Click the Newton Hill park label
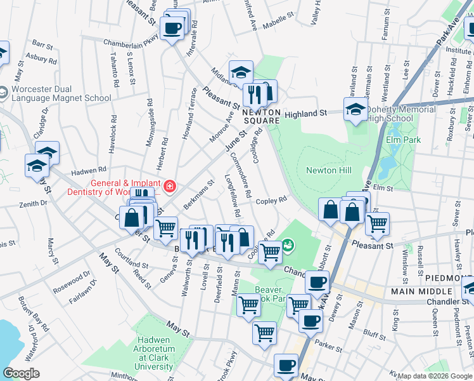[328, 170]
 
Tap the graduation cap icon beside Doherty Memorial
[355, 110]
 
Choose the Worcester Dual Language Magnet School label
[61, 94]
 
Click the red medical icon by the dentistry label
[170, 186]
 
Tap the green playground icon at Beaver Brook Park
[288, 244]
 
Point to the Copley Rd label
[272, 199]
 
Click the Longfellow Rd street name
[230, 194]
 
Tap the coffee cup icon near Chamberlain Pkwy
[172, 28]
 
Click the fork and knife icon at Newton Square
[254, 95]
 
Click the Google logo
[21, 373]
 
